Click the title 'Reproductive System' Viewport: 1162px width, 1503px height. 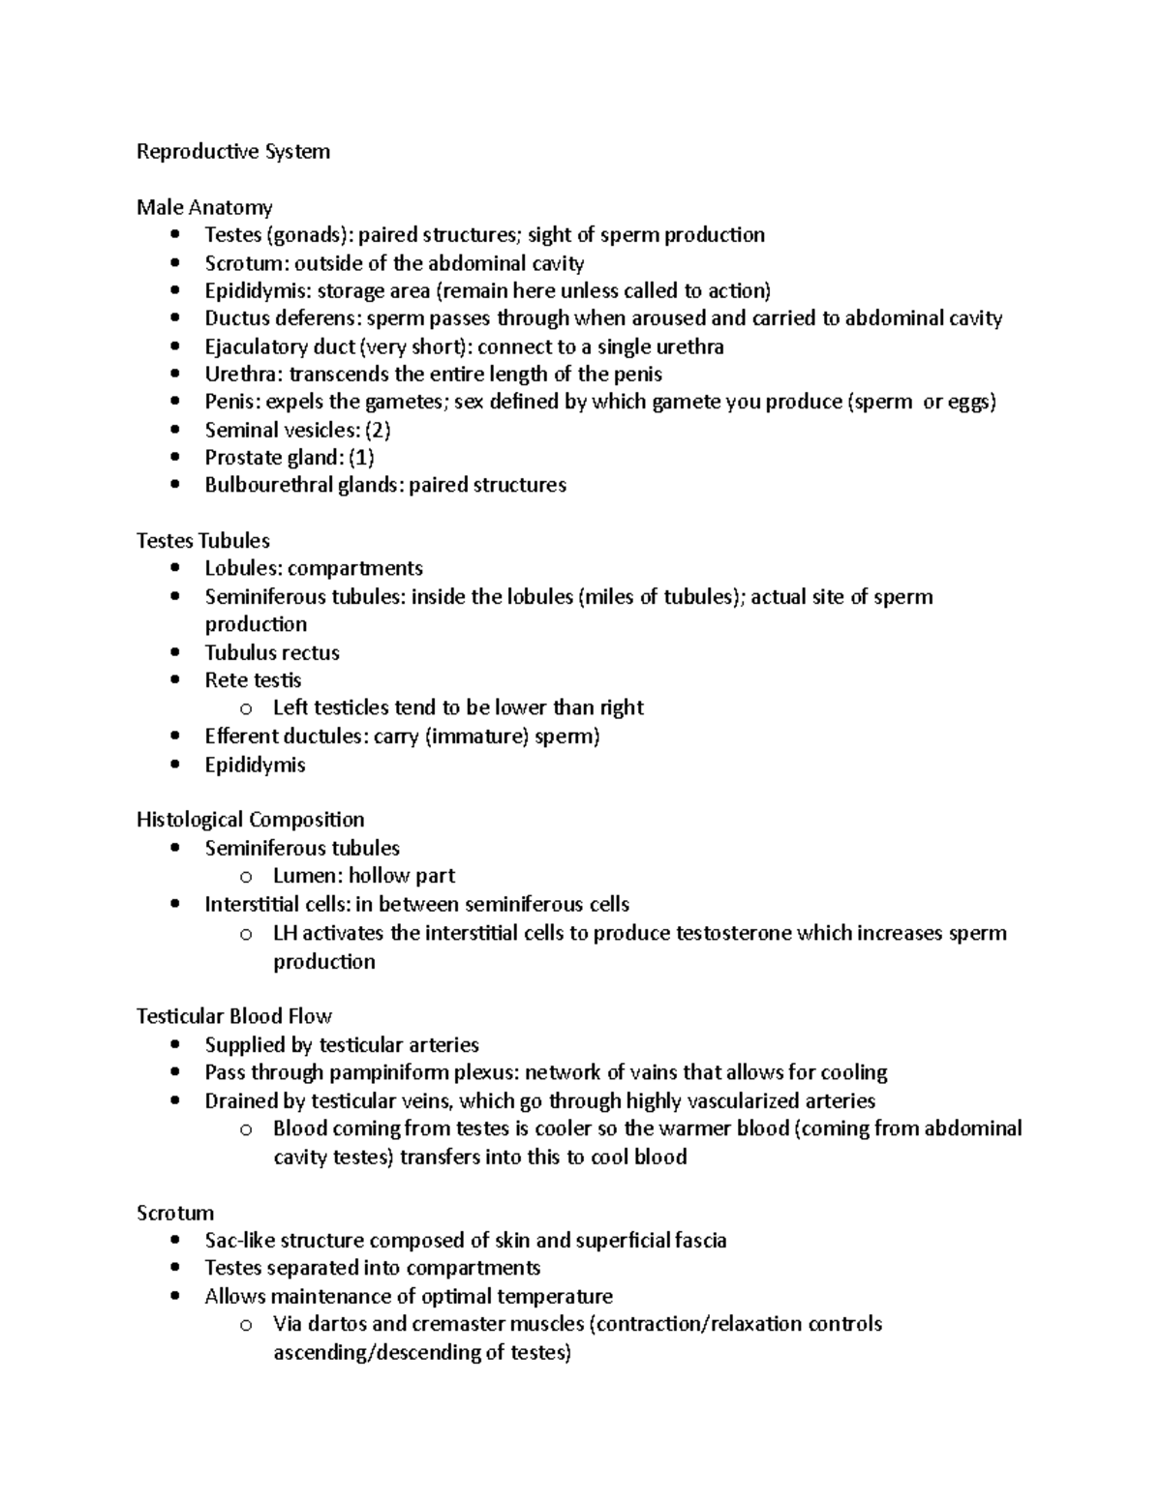[232, 151]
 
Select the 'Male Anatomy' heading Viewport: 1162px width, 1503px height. [204, 207]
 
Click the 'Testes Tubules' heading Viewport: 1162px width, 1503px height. [202, 540]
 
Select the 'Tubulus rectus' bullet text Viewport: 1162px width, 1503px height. [272, 652]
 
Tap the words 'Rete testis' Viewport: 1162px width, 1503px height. [253, 680]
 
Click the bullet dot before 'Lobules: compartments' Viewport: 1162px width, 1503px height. [174, 569]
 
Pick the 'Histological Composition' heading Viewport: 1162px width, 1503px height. [250, 820]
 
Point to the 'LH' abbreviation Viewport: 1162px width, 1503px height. [285, 933]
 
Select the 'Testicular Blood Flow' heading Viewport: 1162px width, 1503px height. [233, 1016]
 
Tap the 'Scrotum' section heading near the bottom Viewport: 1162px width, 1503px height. [175, 1213]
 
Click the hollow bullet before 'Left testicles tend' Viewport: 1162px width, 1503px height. [246, 709]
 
